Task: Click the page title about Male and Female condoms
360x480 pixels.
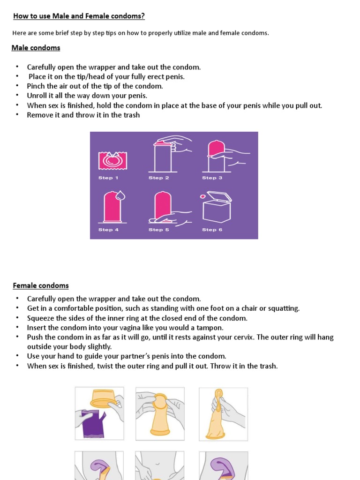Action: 79,16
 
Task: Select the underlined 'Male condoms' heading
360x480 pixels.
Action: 36,48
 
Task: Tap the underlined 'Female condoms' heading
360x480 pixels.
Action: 41,285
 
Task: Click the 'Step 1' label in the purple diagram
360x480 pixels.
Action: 108,178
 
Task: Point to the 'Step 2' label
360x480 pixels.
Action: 159,178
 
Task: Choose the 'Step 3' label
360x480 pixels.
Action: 212,178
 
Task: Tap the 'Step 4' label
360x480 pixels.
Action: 108,230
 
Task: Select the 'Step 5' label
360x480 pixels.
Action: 159,230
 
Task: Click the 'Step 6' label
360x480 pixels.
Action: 212,230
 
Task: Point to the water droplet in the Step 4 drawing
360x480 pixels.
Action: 120,195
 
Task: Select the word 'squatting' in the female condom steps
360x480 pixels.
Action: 283,308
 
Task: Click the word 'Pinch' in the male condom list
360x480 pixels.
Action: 36,86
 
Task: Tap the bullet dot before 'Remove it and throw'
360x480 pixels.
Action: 17,115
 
